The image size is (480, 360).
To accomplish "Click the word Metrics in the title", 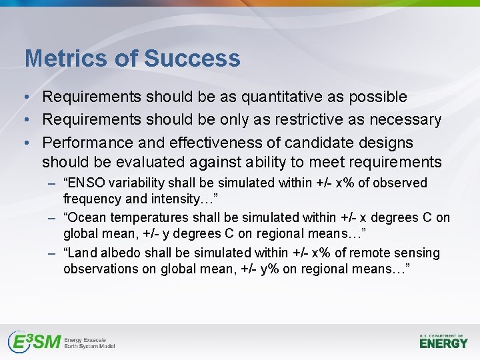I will pyautogui.click(x=66, y=59).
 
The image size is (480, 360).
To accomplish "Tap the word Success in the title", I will pyautogui.click(x=192, y=59).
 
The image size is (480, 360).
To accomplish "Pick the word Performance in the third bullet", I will pyautogui.click(x=86, y=143).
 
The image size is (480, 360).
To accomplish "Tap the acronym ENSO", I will pyautogui.click(x=85, y=183).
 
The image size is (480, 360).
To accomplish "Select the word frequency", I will pyautogui.click(x=93, y=199).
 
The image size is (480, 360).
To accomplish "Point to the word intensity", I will pyautogui.click(x=175, y=199).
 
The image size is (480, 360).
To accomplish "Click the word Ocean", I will pyautogui.click(x=87, y=218).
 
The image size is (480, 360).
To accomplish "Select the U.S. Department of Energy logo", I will pyautogui.click(x=443, y=341).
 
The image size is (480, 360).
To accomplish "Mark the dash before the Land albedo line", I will pyautogui.click(x=53, y=253).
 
